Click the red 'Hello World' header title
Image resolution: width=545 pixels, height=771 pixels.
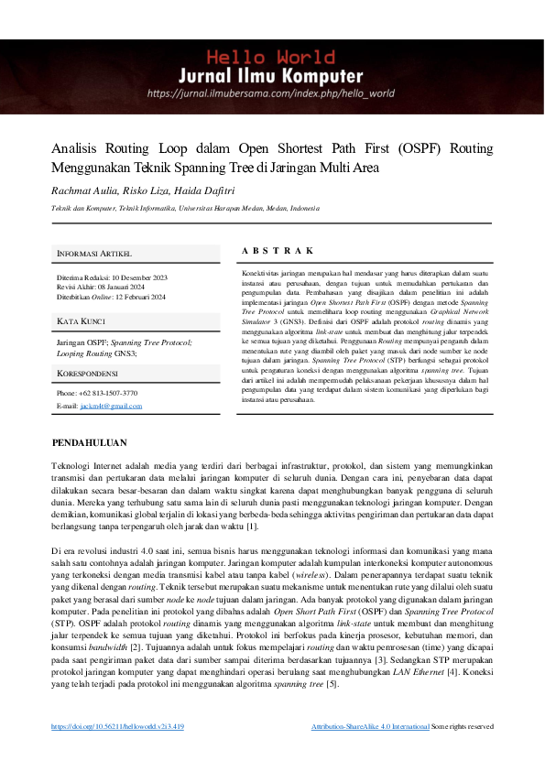coord(271,55)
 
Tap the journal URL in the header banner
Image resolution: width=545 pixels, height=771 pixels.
coord(271,92)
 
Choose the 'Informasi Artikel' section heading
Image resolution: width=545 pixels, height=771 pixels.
coord(94,253)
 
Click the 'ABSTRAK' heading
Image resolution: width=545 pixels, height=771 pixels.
coord(278,250)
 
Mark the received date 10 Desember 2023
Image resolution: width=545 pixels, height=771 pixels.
coord(139,277)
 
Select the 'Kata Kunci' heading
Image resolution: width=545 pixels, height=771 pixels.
coord(82,321)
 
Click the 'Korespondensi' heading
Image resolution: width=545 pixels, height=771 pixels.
coord(87,374)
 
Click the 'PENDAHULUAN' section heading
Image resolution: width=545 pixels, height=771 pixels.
coord(89,443)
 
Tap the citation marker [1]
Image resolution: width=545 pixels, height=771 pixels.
coord(252,526)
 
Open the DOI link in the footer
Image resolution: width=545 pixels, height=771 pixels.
coord(118,726)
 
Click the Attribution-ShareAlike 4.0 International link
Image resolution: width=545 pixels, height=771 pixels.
coord(370,726)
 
